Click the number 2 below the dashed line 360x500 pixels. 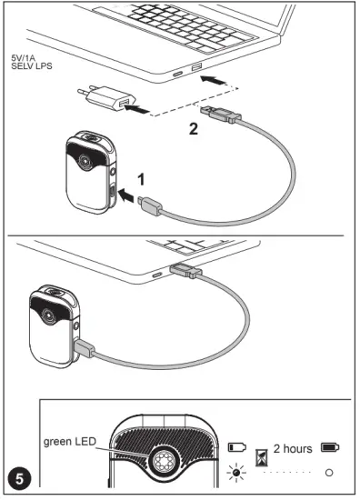192,129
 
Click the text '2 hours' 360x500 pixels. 294,448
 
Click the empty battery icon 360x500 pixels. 238,448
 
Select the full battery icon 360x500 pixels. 329,448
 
